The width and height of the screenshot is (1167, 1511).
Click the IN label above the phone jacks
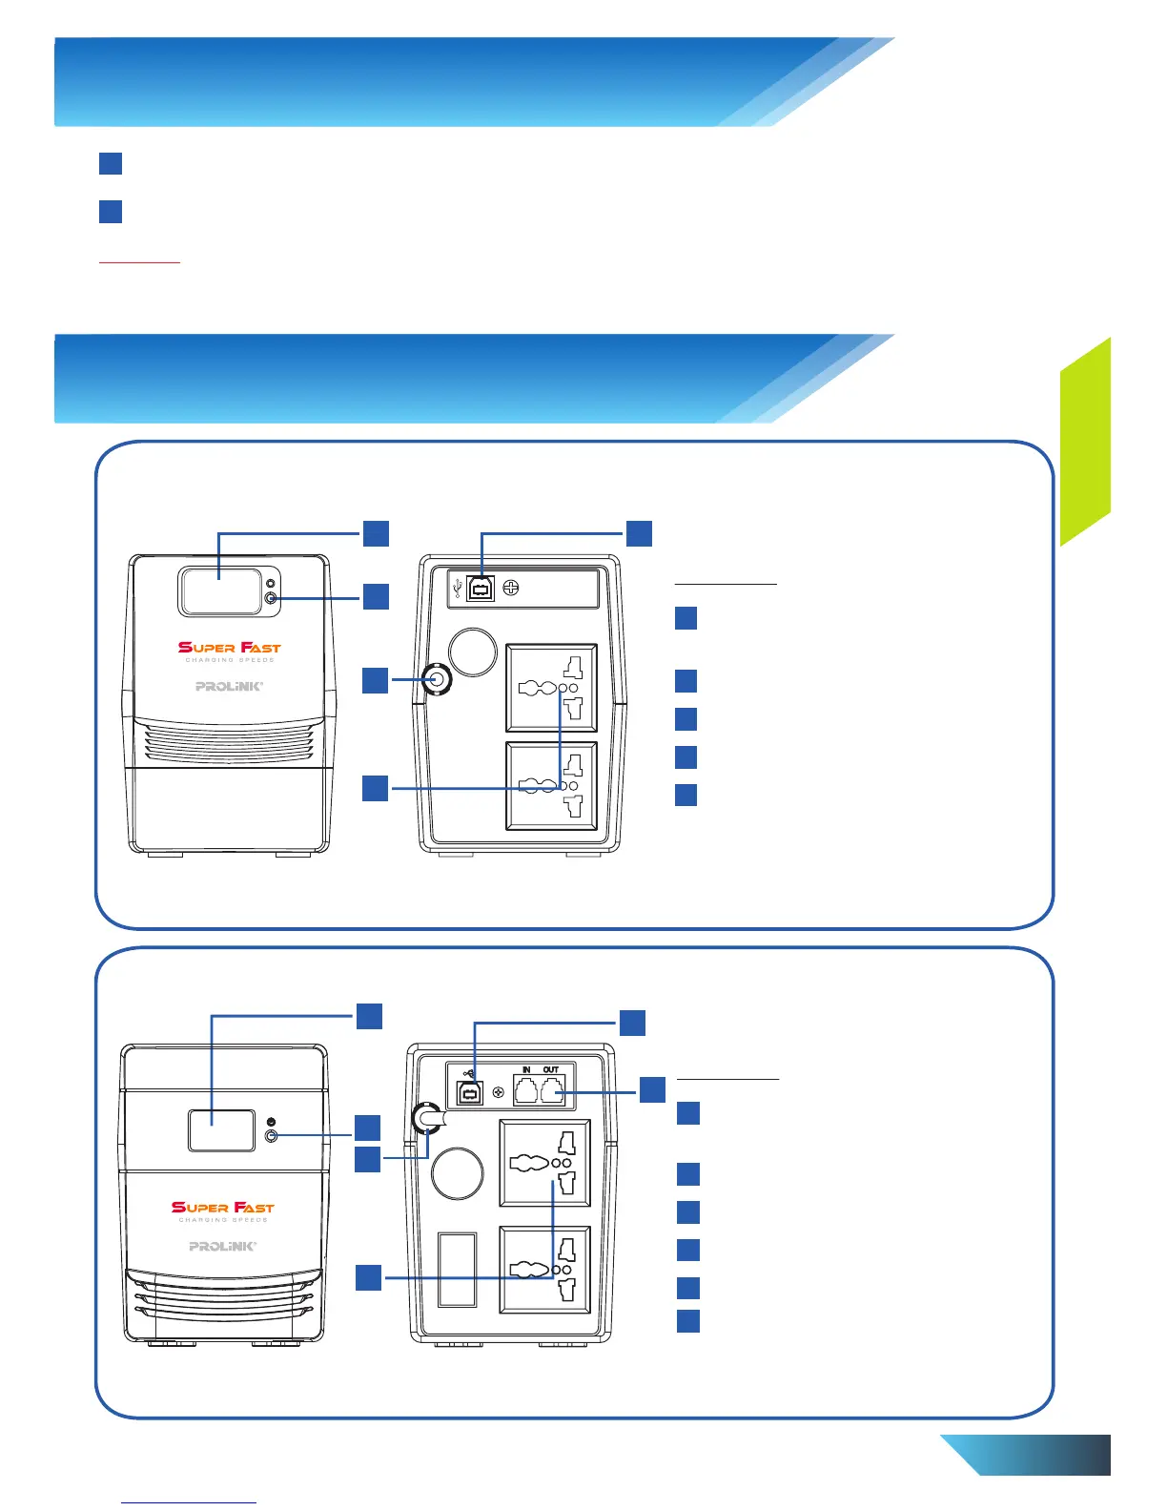(526, 1069)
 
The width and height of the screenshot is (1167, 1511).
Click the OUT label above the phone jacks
(551, 1069)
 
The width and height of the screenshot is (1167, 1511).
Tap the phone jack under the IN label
(526, 1089)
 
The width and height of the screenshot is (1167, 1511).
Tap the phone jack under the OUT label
(552, 1089)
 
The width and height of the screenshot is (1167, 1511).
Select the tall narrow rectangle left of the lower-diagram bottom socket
(457, 1269)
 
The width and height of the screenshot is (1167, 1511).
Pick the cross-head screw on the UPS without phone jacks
(510, 589)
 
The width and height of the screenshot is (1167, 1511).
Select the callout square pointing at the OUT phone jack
(652, 1089)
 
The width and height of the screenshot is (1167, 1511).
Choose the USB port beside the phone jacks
(470, 1092)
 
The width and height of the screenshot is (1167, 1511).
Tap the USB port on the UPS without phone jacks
(481, 589)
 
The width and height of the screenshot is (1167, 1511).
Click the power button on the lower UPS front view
(272, 1136)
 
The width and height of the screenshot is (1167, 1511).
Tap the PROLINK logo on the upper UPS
(229, 686)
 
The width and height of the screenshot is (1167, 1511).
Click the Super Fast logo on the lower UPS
(223, 1208)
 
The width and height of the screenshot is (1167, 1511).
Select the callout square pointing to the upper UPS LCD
(377, 533)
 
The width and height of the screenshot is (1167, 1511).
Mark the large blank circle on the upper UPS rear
(473, 652)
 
